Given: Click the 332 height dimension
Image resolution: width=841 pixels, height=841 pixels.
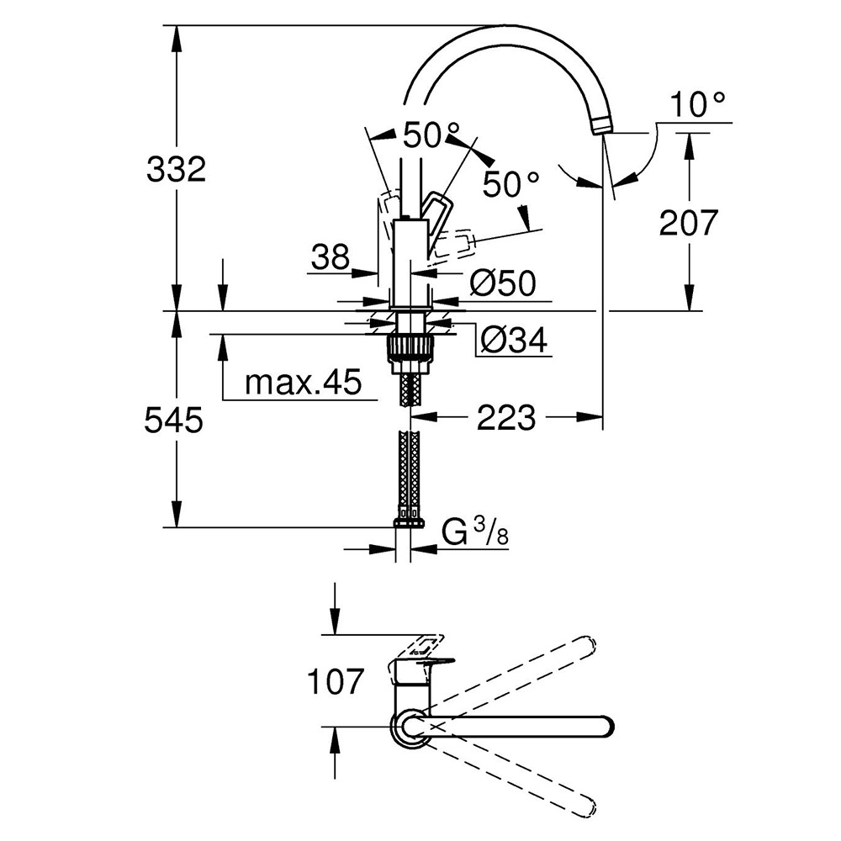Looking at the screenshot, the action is [176, 170].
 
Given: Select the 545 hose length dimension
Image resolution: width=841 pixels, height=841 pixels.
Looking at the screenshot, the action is [173, 420].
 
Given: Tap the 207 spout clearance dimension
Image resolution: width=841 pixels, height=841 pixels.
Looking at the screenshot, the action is [688, 223].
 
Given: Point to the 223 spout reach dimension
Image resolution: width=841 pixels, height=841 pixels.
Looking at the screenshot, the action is [506, 417].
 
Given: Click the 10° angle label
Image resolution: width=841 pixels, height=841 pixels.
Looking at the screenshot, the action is [698, 104].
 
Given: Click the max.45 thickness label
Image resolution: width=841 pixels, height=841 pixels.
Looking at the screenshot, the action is [303, 382].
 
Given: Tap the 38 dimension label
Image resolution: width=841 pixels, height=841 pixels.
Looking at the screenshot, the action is [331, 257].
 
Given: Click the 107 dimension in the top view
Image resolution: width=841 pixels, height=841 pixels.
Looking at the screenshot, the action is [336, 681].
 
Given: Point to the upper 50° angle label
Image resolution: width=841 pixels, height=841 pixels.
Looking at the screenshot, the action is [431, 135].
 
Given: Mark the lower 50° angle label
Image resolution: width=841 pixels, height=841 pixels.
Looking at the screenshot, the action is [510, 184].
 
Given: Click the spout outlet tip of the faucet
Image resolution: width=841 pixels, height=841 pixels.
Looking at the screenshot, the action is [603, 129].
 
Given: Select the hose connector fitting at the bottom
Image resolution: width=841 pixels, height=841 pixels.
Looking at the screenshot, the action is [410, 521].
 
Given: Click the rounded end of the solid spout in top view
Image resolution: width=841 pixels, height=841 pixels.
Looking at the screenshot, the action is [607, 727].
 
